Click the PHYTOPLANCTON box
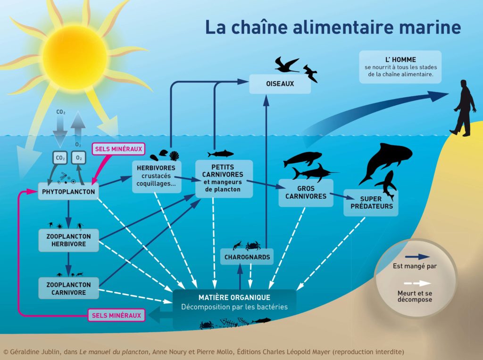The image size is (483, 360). tap(68, 192)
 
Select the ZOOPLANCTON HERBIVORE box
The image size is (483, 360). tap(69, 240)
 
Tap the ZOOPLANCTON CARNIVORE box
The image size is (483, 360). tap(69, 288)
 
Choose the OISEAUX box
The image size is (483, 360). tap(280, 84)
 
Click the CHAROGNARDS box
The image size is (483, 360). tap(247, 257)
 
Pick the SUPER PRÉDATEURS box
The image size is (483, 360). tap(371, 202)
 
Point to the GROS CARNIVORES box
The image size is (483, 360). tap(306, 193)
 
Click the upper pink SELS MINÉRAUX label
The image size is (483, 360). tap(118, 149)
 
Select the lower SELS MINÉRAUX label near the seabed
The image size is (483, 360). tap(117, 315)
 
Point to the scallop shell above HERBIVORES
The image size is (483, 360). tap(175, 156)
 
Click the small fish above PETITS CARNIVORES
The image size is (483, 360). tap(221, 153)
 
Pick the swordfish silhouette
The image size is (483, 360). tap(314, 173)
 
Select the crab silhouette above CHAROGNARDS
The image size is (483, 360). tap(253, 246)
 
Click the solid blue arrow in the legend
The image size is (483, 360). tap(417, 257)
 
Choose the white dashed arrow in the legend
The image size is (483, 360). tap(417, 283)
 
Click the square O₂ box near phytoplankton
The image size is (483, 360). tap(79, 158)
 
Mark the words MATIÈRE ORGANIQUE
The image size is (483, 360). tap(234, 297)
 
